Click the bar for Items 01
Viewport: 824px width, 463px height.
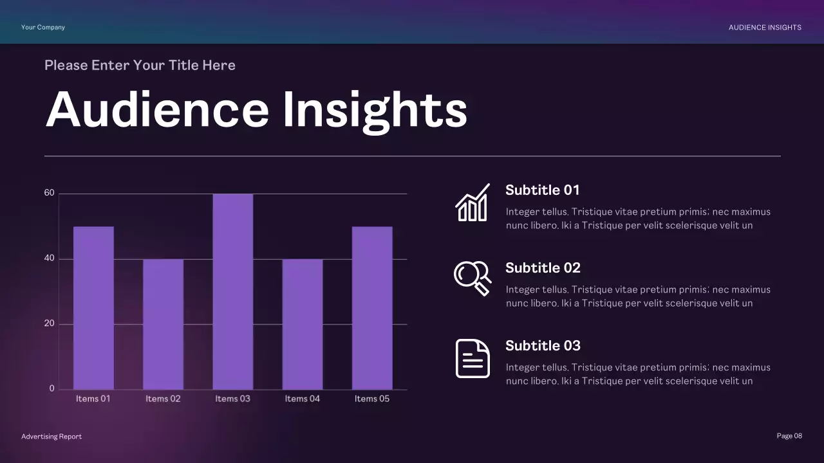coord(93,307)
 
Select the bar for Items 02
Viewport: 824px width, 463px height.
coord(163,324)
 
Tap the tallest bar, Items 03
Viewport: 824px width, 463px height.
coord(232,291)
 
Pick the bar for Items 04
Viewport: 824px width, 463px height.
coord(302,324)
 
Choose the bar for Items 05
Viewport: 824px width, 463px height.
coord(372,307)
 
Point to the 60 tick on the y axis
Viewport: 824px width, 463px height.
coord(49,193)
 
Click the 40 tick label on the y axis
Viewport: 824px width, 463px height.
coord(49,259)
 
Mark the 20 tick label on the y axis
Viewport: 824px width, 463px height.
coord(49,323)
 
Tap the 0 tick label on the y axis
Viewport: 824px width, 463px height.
coord(52,388)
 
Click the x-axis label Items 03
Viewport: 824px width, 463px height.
coord(232,399)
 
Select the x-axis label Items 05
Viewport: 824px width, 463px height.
coord(372,399)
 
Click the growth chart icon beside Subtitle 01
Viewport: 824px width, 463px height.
coord(473,203)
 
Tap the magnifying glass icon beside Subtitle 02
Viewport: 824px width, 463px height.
coord(473,278)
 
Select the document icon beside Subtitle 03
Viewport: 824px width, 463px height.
coord(473,358)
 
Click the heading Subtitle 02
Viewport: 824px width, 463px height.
coord(543,268)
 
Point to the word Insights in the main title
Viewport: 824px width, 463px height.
coord(375,110)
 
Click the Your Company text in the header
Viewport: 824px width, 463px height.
coord(43,27)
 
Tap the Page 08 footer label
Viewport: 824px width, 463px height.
coord(789,436)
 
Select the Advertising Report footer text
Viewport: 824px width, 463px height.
coord(51,437)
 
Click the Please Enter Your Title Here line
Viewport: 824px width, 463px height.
coord(140,65)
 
